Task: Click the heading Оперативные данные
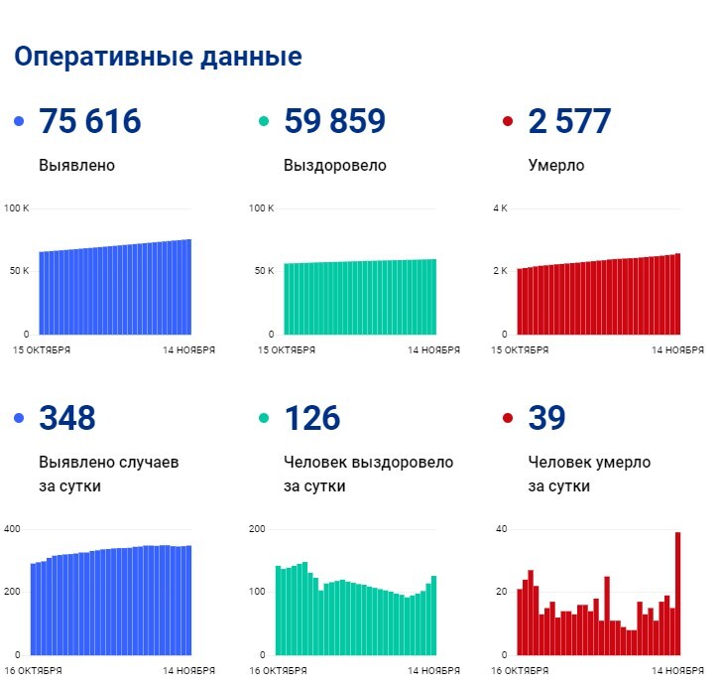158,57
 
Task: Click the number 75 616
89,122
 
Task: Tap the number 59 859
334,122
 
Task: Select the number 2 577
569,122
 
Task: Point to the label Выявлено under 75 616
76,166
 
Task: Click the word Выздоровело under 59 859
334,166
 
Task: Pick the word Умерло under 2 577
556,166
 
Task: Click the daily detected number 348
66,418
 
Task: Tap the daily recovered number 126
311,418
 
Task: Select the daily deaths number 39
546,418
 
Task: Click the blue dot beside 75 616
19,122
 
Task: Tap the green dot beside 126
264,418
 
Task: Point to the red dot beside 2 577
509,122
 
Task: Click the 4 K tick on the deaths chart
501,208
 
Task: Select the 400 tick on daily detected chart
12,529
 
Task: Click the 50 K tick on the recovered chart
264,271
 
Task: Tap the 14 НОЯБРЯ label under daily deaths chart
677,671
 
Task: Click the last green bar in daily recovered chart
433,616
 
